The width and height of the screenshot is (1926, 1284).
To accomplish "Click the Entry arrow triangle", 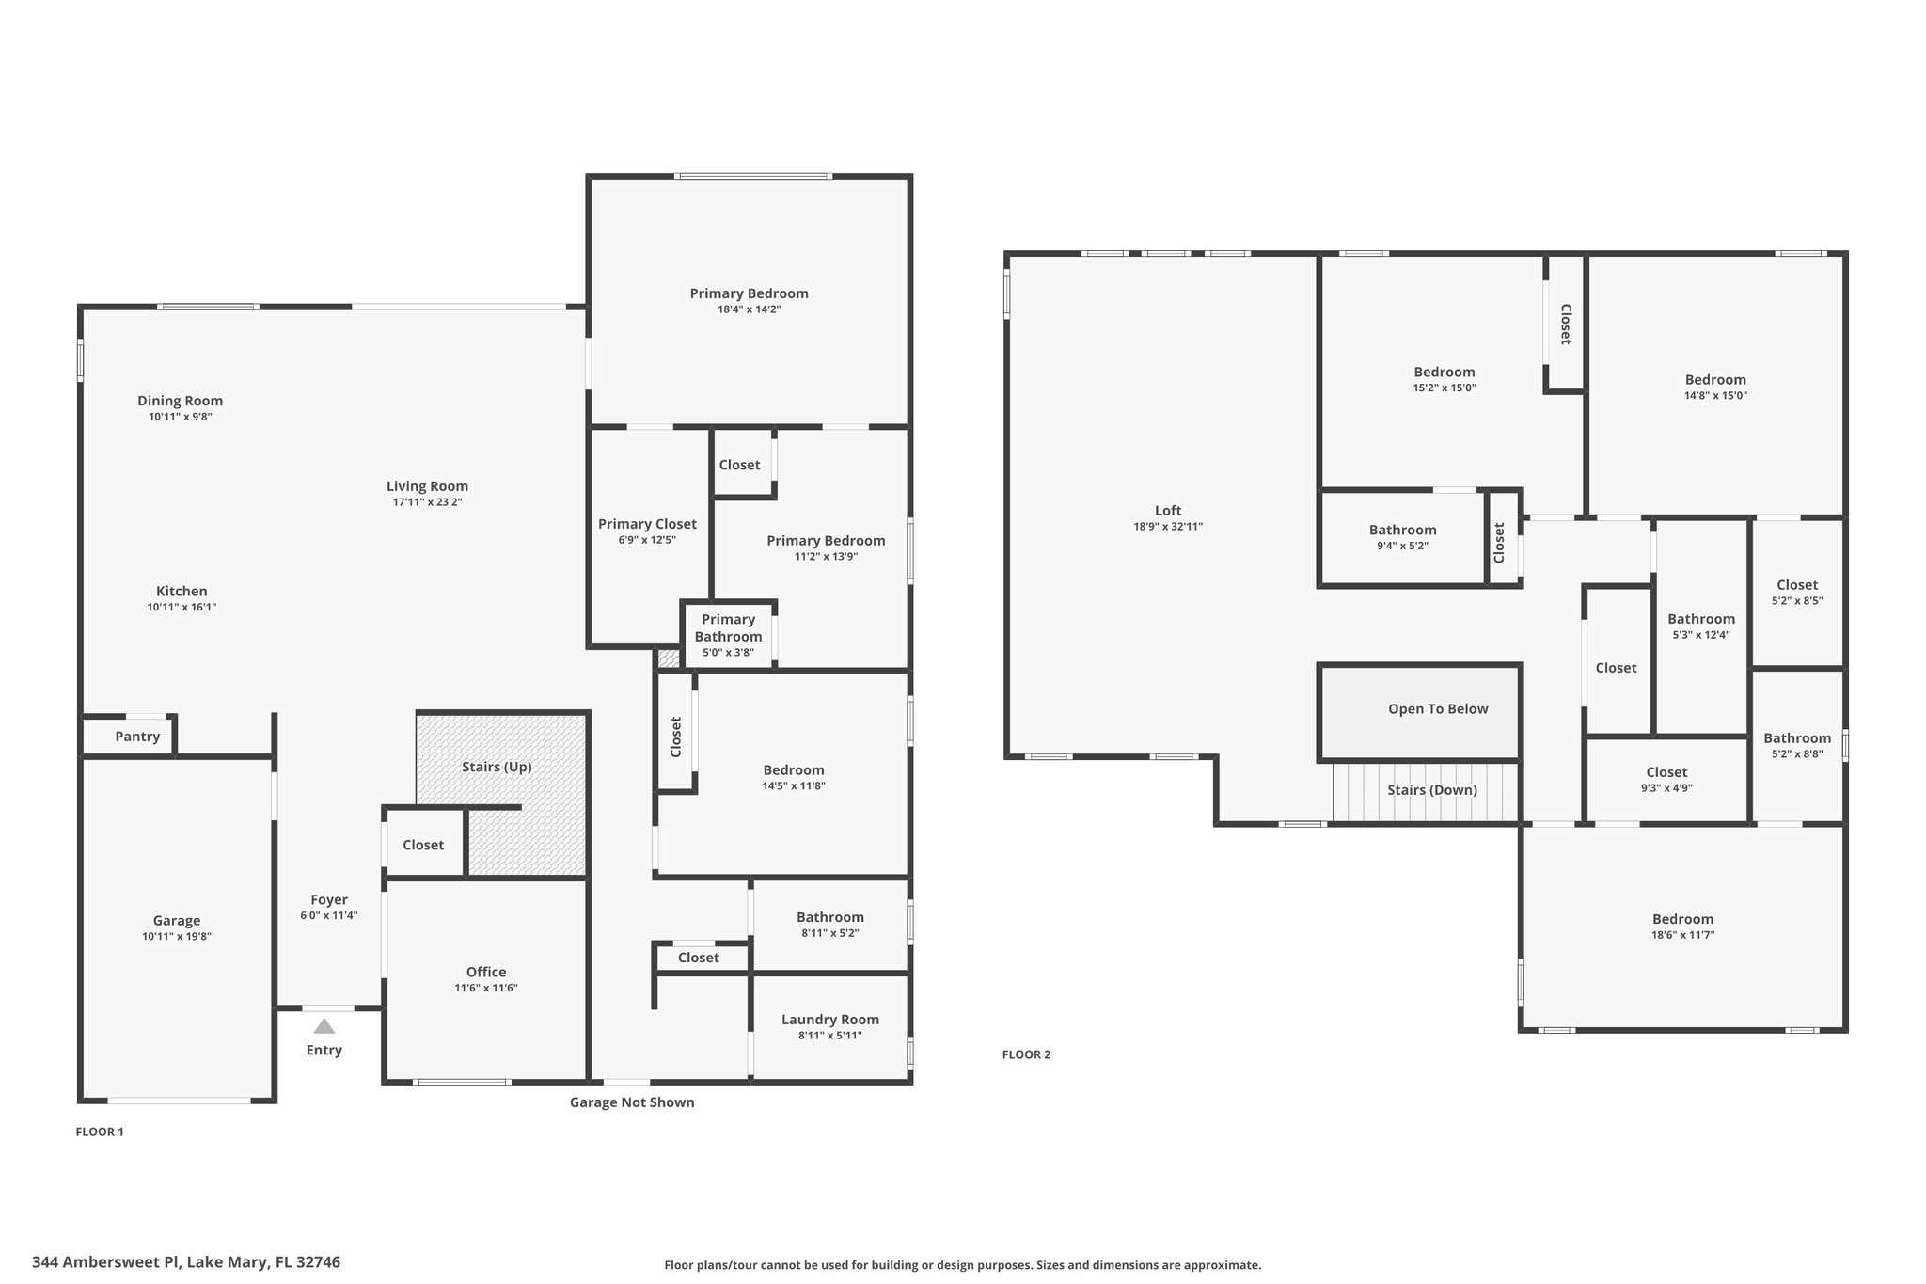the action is pyautogui.click(x=324, y=1026).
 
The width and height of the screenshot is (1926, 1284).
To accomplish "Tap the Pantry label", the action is pyautogui.click(x=137, y=737).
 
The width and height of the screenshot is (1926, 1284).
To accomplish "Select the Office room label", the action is pyautogui.click(x=486, y=972).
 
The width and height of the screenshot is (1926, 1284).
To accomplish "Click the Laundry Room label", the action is pyautogui.click(x=830, y=1020).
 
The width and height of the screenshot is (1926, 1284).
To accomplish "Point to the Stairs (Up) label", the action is pyautogui.click(x=497, y=767).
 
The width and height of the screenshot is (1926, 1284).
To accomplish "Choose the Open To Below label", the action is pyautogui.click(x=1438, y=709).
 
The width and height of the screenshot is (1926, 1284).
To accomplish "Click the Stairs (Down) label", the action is pyautogui.click(x=1432, y=790).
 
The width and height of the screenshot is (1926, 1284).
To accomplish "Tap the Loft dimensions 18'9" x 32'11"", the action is pyautogui.click(x=1168, y=527).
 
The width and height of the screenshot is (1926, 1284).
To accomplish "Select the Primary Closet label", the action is pyautogui.click(x=647, y=524).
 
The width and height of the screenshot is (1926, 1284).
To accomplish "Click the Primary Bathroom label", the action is pyautogui.click(x=728, y=627).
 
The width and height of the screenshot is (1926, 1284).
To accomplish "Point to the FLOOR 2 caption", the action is pyautogui.click(x=1026, y=1054).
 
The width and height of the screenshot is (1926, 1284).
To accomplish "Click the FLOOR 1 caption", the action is pyautogui.click(x=100, y=1132).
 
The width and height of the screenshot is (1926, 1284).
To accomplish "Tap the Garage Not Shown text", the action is pyautogui.click(x=632, y=1102).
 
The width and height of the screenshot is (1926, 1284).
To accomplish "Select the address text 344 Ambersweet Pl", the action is pyautogui.click(x=107, y=1262).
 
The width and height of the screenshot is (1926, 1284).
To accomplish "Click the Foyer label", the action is pyautogui.click(x=329, y=900).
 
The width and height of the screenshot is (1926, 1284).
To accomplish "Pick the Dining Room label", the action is pyautogui.click(x=180, y=401).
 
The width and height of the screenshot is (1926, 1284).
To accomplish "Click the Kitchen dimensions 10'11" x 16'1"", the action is pyautogui.click(x=182, y=608).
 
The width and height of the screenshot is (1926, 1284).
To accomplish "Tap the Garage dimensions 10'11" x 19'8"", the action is pyautogui.click(x=177, y=937).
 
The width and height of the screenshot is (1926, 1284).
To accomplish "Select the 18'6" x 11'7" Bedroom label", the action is pyautogui.click(x=1682, y=919).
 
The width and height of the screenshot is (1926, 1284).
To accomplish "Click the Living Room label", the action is pyautogui.click(x=427, y=486).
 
